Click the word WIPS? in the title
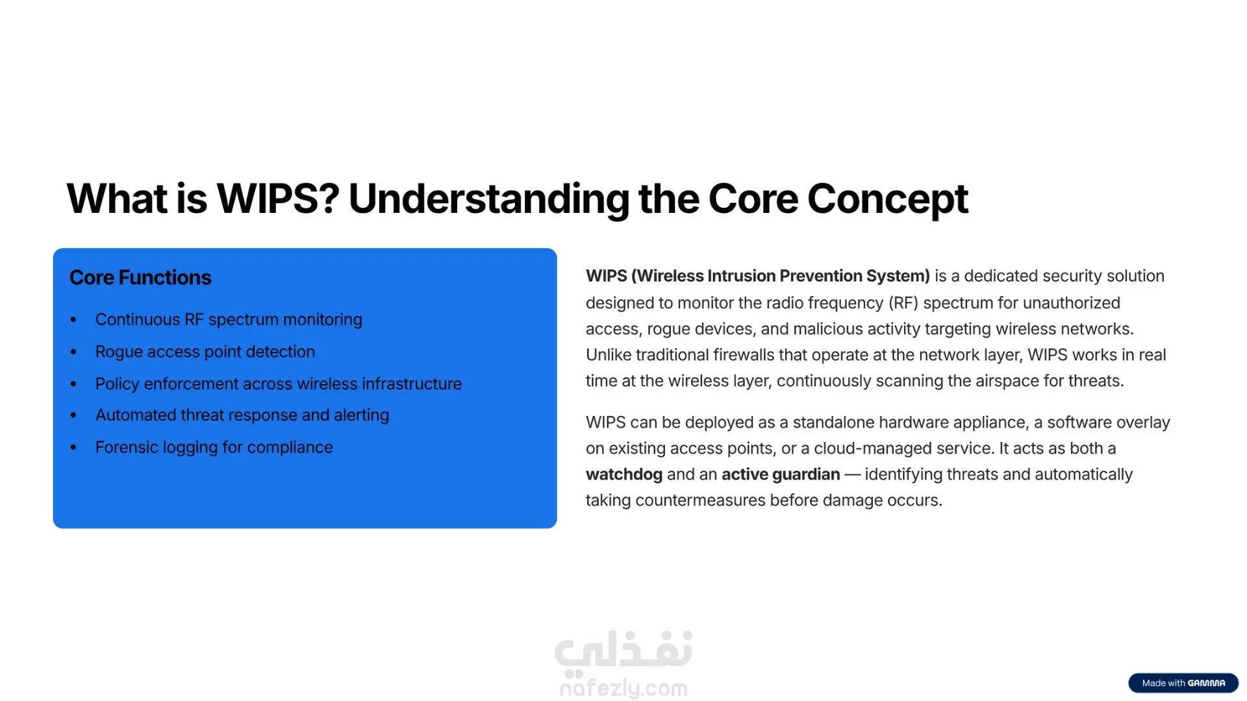278,199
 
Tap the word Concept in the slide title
887,199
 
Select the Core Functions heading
140,278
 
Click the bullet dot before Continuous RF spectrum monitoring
73,319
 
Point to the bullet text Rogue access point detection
205,352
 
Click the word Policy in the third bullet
117,384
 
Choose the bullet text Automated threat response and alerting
242,415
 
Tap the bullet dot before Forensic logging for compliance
73,447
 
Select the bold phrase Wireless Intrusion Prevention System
781,276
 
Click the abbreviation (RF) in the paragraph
903,303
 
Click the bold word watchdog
624,474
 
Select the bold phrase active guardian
781,474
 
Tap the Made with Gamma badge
1183,683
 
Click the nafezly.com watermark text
623,688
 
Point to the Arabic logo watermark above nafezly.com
623,650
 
